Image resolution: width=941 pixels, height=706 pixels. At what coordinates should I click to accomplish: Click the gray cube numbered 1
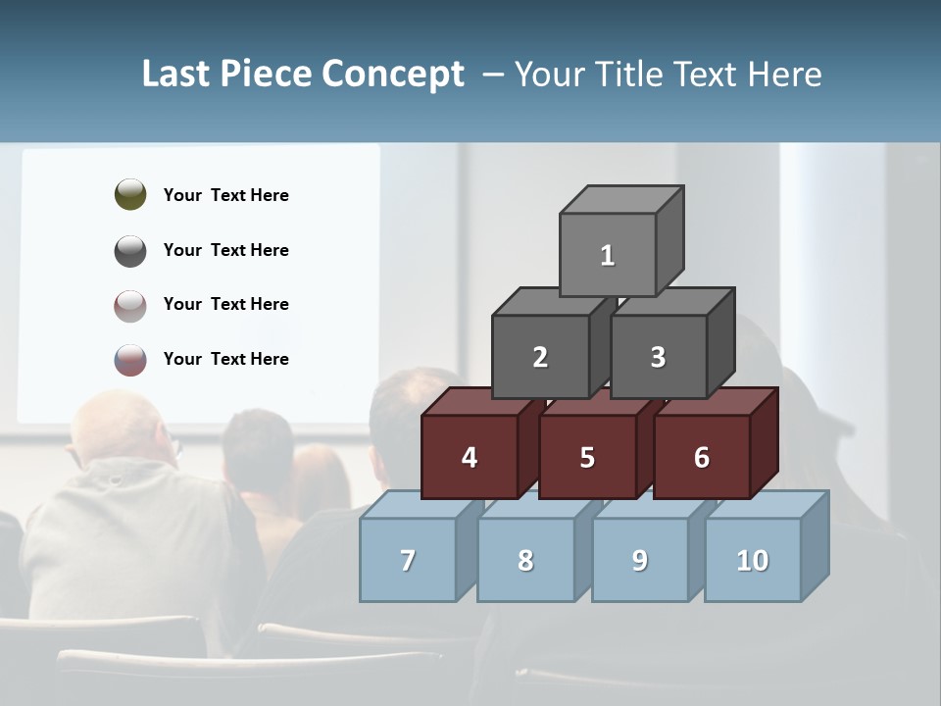pos(608,255)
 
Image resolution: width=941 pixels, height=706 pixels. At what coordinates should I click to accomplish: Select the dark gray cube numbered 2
pos(540,357)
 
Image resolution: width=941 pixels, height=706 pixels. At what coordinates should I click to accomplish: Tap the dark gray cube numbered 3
pos(658,357)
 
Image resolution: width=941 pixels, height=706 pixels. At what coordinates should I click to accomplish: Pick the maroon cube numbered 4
pos(470,457)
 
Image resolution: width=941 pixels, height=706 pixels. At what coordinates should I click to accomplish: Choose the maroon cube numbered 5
pos(587,457)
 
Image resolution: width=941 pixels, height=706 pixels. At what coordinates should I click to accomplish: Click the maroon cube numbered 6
pos(701,457)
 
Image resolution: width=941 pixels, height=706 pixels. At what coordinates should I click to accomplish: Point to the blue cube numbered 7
pos(408,560)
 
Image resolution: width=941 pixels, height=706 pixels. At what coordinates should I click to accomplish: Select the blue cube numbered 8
pos(525,560)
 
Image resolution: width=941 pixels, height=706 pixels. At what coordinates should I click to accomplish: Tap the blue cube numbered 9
pos(639,560)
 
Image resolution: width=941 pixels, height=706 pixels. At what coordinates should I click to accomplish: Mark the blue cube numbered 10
pos(752,560)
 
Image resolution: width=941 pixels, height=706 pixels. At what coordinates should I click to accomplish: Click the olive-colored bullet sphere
pos(130,194)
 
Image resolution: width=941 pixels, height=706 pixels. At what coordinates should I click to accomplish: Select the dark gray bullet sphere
pos(130,250)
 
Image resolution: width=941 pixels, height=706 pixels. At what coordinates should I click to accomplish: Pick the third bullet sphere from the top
pos(130,305)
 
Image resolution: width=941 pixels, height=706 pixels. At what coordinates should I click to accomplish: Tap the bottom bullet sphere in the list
pos(130,360)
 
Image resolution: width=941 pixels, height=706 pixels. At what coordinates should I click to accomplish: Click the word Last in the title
pos(176,74)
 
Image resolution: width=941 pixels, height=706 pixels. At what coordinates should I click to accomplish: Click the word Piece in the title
pos(266,74)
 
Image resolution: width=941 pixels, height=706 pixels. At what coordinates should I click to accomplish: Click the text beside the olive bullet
pos(226,195)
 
